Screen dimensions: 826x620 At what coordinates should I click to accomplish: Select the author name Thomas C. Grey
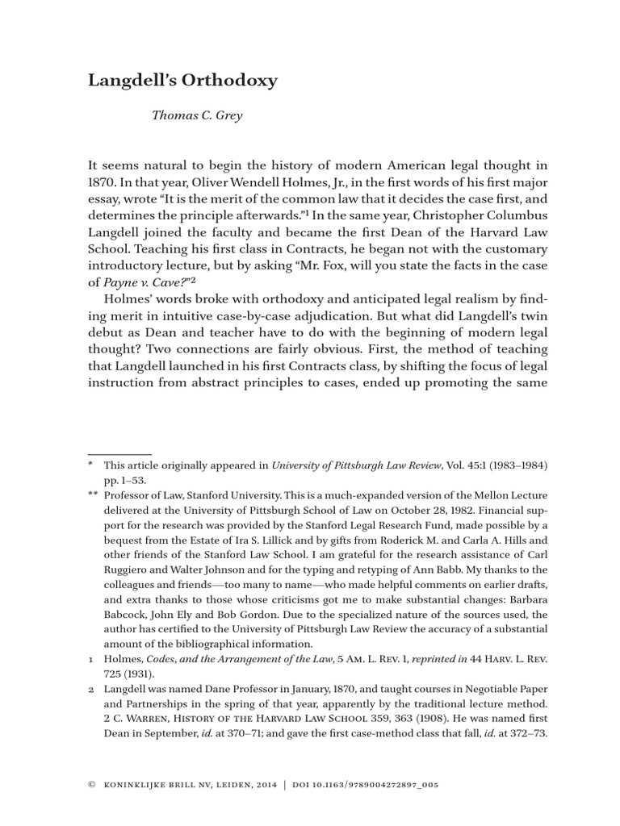[x=197, y=115]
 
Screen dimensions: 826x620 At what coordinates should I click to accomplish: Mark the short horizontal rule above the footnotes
[x=119, y=455]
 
